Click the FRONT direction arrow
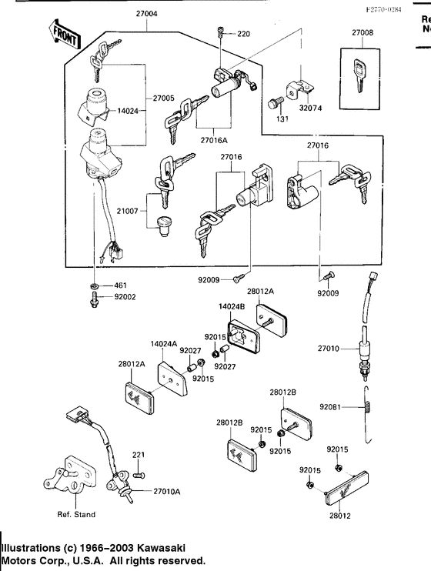[x=65, y=34]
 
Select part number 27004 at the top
[x=147, y=14]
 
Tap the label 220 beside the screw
[x=244, y=34]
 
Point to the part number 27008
[x=363, y=33]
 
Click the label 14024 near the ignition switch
[x=128, y=111]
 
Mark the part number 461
[x=120, y=285]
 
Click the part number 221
[x=138, y=456]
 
